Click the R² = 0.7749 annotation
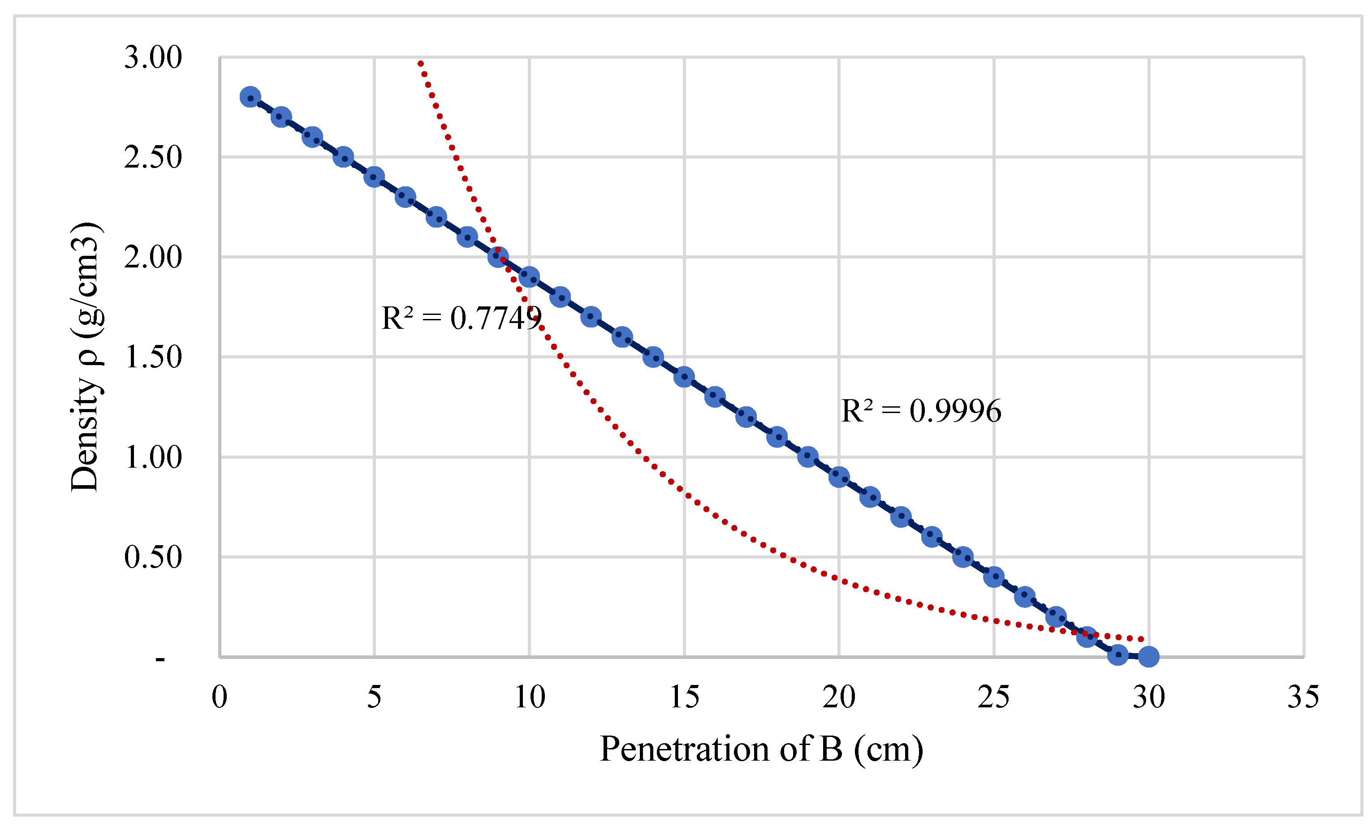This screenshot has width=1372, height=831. point(461,319)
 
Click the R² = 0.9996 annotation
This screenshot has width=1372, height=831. point(921,411)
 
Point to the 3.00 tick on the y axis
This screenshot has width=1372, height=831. point(152,57)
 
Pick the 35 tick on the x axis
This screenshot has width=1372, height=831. point(1303,697)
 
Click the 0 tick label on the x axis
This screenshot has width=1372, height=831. point(220,697)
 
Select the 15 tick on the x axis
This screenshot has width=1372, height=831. point(684,697)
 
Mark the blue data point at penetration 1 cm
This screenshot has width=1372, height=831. point(250,97)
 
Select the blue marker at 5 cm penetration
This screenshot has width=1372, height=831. point(374,177)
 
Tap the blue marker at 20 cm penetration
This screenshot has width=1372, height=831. point(838,477)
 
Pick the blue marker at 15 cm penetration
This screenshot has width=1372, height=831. point(684,377)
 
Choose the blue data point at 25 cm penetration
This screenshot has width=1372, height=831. point(994,577)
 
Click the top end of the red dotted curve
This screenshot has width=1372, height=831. point(421,63)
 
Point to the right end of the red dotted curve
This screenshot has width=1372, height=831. point(1142,639)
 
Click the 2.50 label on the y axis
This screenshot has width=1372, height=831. point(152,158)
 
